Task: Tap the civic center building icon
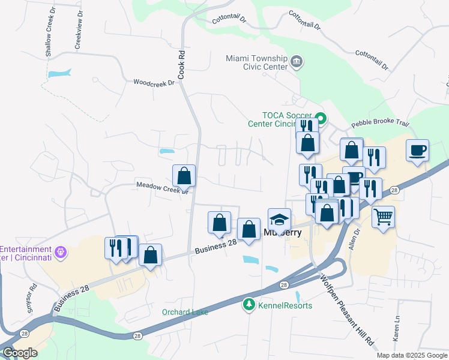pyautogui.click(x=296, y=62)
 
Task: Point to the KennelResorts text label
pyautogui.click(x=285, y=305)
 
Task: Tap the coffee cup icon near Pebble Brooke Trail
pyautogui.click(x=417, y=150)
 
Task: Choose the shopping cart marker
pyautogui.click(x=383, y=216)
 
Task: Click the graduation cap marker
pyautogui.click(x=279, y=219)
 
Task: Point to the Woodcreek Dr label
pyautogui.click(x=154, y=82)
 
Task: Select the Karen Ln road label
pyautogui.click(x=397, y=329)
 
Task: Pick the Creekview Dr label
pyautogui.click(x=78, y=30)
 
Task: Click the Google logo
pyautogui.click(x=20, y=353)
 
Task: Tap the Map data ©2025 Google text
pyautogui.click(x=411, y=355)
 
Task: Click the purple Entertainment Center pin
pyautogui.click(x=59, y=253)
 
